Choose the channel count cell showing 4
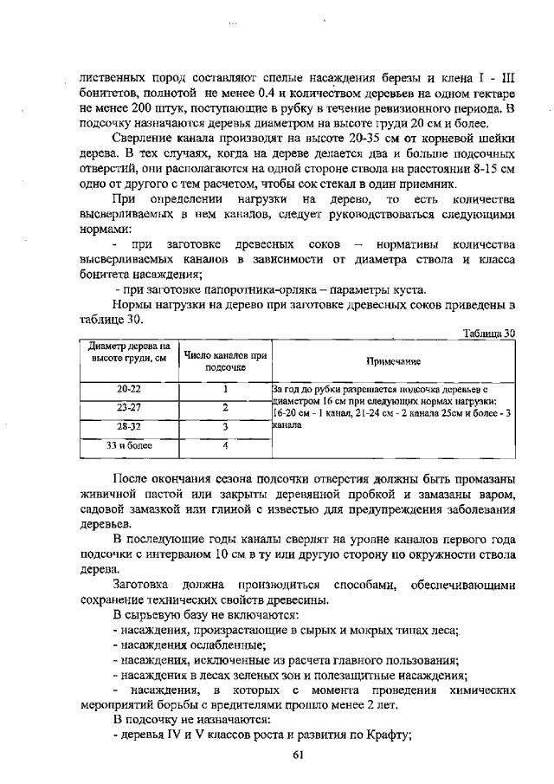click(224, 445)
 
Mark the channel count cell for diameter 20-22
click(224, 390)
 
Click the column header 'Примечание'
click(392, 361)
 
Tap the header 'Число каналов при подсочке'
click(224, 361)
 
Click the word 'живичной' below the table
click(108, 495)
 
